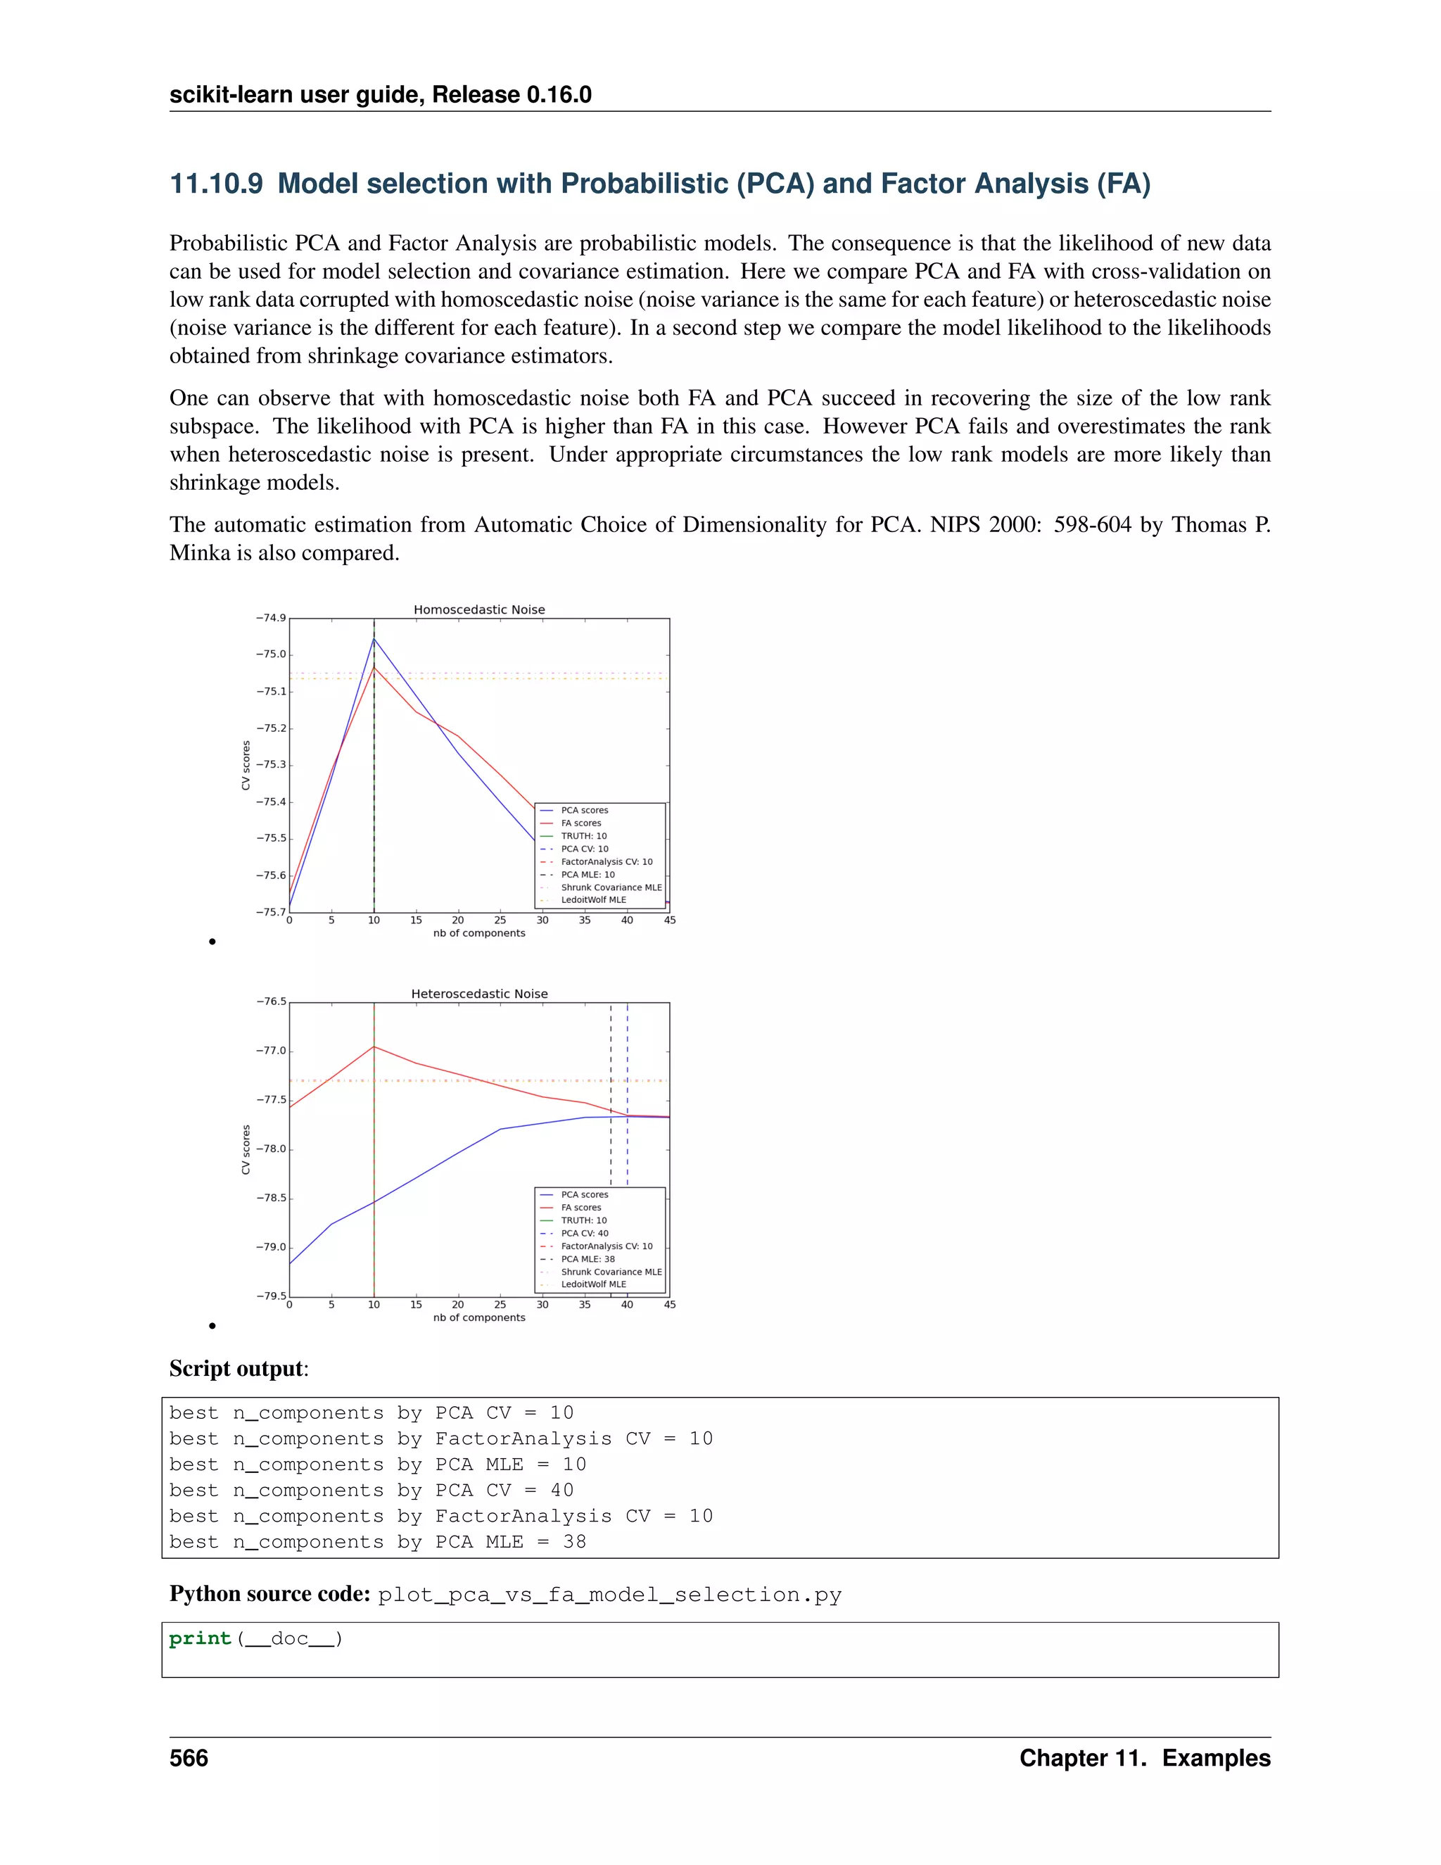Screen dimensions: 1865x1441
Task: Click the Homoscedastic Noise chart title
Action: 479,609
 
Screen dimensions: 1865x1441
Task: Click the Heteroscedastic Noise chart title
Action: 479,994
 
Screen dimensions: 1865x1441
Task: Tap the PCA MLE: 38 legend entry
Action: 588,1259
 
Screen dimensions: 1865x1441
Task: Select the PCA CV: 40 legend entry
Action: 585,1233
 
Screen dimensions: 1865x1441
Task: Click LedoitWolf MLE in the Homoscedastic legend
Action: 593,900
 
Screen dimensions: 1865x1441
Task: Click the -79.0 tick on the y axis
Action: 271,1247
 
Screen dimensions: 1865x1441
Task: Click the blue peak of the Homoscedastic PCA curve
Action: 374,639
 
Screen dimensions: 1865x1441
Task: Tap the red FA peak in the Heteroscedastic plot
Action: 374,1047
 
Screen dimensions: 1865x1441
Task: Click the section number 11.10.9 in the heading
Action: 216,184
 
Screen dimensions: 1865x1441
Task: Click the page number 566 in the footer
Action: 189,1758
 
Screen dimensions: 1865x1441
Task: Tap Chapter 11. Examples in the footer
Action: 1144,1758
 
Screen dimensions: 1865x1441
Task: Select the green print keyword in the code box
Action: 201,1638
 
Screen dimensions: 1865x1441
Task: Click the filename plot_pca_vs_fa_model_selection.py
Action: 609,1595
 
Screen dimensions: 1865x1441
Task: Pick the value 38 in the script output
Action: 575,1542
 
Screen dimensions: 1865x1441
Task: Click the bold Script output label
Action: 236,1369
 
